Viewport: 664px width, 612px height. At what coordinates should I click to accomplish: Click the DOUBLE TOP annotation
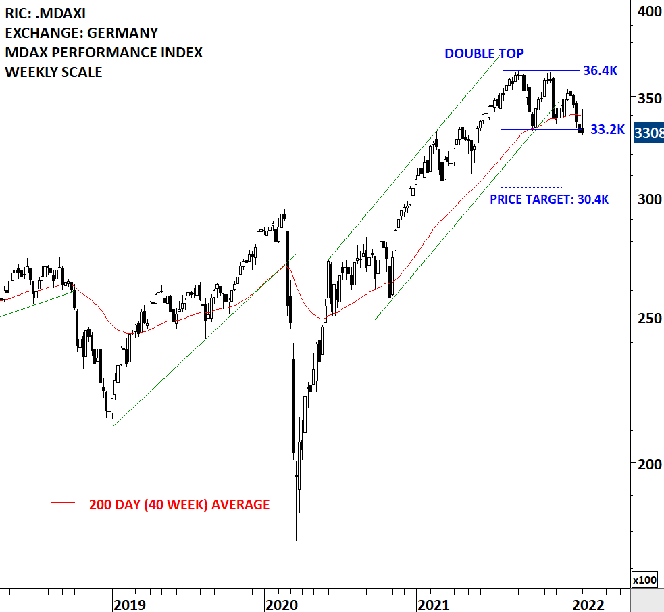tap(484, 53)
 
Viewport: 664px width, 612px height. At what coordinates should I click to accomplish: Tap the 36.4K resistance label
tap(601, 70)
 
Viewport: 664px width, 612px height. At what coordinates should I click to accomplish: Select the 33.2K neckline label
tap(607, 129)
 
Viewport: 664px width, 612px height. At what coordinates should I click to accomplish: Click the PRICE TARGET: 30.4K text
tap(548, 199)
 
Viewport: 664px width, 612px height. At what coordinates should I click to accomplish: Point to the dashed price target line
tap(531, 187)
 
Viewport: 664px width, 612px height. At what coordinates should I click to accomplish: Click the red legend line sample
tap(63, 502)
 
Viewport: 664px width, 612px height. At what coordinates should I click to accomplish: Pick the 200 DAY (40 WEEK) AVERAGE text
tap(179, 504)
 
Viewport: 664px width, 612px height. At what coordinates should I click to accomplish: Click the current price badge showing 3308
tap(648, 134)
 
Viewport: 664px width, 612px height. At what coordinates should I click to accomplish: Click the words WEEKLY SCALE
tap(53, 72)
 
